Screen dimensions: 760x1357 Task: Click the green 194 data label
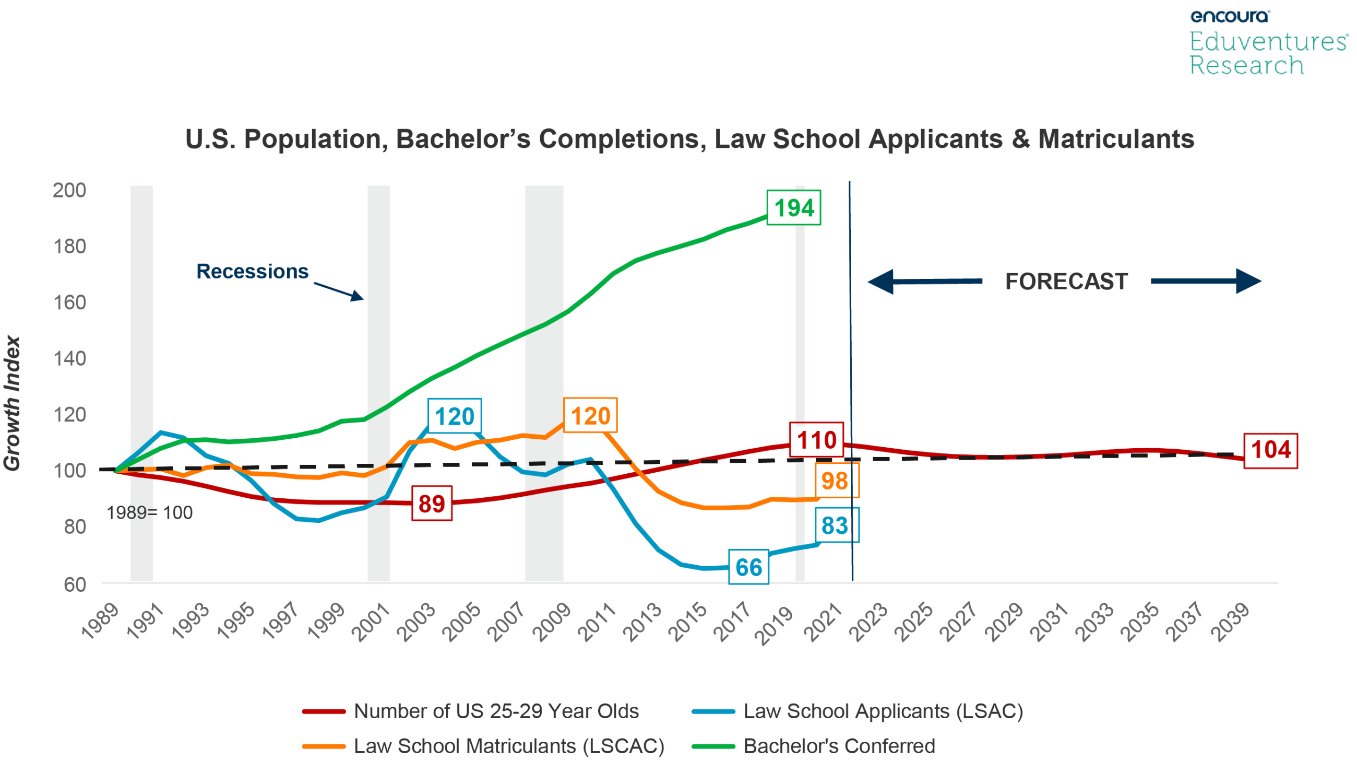(793, 208)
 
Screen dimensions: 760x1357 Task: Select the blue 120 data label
(454, 416)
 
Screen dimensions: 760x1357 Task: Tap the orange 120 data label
(590, 415)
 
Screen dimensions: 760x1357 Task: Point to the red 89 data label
(432, 504)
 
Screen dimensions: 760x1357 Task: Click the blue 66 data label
(748, 567)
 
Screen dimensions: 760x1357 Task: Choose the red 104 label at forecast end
(1270, 450)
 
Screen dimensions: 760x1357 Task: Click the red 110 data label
(816, 440)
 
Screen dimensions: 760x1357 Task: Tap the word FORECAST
(1066, 281)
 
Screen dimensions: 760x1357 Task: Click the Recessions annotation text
(252, 272)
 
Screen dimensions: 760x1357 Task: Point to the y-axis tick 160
(69, 302)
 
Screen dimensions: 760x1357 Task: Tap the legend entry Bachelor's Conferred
(839, 746)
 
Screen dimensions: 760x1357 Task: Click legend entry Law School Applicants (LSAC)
(883, 711)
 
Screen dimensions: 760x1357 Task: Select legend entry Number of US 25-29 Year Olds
(496, 711)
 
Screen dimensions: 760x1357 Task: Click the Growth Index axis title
(11, 403)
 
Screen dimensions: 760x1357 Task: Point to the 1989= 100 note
(150, 512)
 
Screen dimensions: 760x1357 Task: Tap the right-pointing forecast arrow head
(1249, 281)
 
